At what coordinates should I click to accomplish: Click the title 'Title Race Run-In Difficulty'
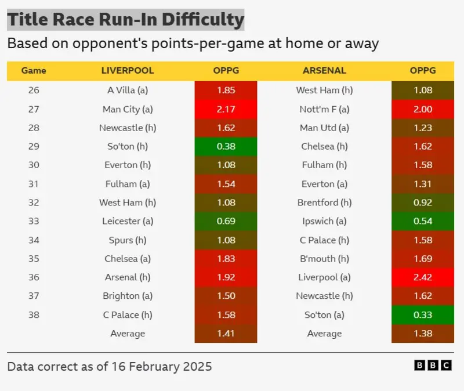click(125, 20)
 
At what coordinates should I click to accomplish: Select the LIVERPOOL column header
click(128, 71)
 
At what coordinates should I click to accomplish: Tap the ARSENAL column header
click(324, 71)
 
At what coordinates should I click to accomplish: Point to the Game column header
click(34, 71)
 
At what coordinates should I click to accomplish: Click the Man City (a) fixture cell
click(128, 109)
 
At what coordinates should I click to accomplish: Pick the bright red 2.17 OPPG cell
click(226, 109)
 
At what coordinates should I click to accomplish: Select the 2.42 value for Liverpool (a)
click(422, 277)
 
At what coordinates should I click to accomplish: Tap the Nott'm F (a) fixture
click(324, 109)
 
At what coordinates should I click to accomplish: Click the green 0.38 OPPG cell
click(226, 146)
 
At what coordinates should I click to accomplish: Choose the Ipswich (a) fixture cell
click(324, 221)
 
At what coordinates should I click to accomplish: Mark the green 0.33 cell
click(422, 315)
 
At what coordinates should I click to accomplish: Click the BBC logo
click(433, 365)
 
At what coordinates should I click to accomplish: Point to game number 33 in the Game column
click(34, 221)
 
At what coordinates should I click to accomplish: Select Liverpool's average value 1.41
click(226, 334)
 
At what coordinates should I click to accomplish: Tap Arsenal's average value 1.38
click(422, 334)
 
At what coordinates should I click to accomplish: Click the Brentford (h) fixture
click(324, 202)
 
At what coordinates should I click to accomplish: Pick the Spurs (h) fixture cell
click(128, 240)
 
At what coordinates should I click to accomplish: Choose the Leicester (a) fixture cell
click(128, 221)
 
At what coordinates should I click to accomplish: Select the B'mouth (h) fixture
click(324, 259)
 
